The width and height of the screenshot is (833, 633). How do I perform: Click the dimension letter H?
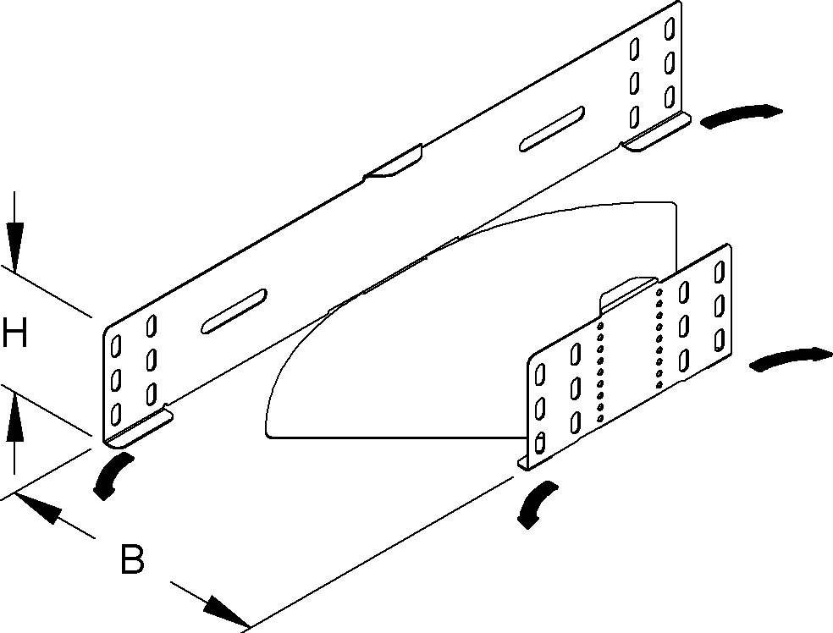[x=14, y=333]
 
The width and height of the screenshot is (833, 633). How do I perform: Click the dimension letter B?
[x=131, y=559]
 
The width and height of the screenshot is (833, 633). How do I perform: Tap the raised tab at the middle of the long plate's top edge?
[x=394, y=163]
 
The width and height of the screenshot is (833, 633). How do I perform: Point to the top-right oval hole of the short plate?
[x=720, y=272]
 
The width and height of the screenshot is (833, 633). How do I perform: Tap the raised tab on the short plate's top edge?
[x=627, y=288]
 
